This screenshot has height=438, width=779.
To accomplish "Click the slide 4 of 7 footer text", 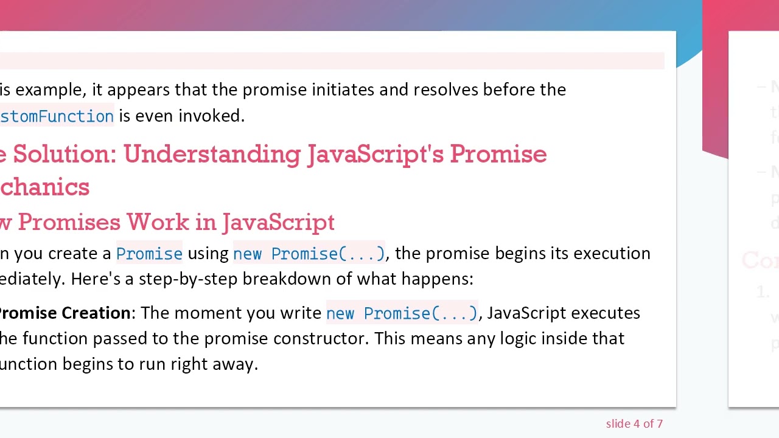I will click(634, 424).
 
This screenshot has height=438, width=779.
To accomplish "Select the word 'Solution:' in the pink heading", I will click(65, 155).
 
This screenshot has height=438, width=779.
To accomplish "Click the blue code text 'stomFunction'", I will click(57, 116).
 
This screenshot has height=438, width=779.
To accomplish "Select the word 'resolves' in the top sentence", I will click(445, 89).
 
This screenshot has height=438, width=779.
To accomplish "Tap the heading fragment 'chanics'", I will click(44, 187).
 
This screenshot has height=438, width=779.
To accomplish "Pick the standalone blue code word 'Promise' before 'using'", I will click(149, 254).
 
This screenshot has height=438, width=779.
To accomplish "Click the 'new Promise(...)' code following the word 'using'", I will click(309, 254).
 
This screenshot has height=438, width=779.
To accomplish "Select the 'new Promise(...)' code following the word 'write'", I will click(402, 313).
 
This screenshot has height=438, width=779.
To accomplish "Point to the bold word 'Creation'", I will click(98, 313).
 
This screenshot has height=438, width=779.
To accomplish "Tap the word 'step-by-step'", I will click(188, 279).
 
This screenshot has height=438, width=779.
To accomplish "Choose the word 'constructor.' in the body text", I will click(321, 338).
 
